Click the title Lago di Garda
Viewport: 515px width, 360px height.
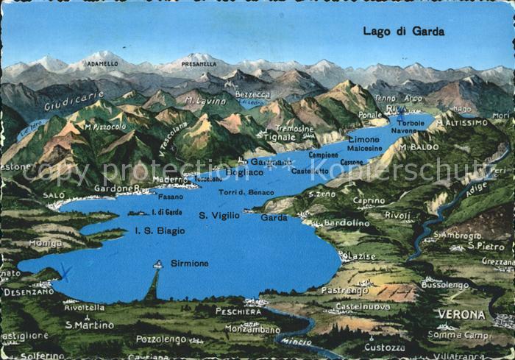(403, 32)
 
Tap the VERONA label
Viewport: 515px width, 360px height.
(461, 314)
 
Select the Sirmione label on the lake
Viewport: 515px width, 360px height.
(190, 263)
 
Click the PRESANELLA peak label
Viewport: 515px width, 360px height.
(199, 64)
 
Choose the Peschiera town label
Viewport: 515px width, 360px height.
(238, 311)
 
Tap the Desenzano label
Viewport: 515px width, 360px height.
(29, 292)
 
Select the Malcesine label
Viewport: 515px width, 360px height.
(365, 148)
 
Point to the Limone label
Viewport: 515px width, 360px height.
(363, 139)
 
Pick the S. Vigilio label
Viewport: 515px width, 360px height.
(219, 215)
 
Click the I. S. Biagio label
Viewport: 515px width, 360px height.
(160, 230)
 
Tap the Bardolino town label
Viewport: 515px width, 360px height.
(347, 222)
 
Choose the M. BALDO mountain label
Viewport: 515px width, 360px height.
(419, 147)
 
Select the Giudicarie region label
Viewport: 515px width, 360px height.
(74, 101)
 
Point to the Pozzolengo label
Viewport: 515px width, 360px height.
(161, 339)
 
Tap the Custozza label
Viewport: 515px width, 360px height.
(384, 347)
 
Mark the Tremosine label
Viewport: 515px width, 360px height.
(294, 128)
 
